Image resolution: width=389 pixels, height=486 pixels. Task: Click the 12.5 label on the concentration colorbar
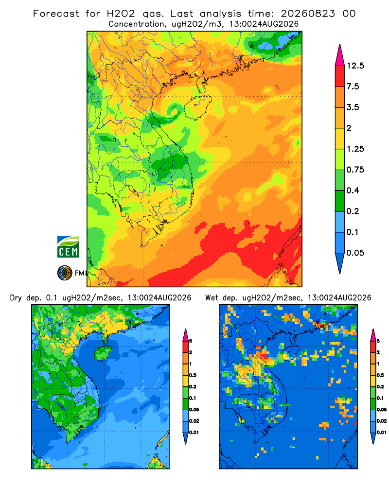pyautogui.click(x=355, y=66)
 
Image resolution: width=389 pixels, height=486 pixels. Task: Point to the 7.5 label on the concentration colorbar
pyautogui.click(x=353, y=87)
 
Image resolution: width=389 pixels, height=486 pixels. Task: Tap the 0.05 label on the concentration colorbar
pyautogui.click(x=355, y=253)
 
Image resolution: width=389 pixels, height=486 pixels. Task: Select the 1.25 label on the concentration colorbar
pyautogui.click(x=355, y=149)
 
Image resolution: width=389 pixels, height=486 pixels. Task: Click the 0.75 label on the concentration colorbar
pyautogui.click(x=355, y=170)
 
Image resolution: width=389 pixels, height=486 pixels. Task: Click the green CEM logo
pyautogui.click(x=68, y=247)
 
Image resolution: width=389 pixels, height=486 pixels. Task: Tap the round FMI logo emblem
pyautogui.click(x=65, y=273)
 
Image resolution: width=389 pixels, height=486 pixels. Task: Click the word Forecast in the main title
pyautogui.click(x=56, y=14)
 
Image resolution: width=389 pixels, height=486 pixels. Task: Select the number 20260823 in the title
pyautogui.click(x=308, y=14)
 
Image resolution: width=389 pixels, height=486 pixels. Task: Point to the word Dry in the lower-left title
pyautogui.click(x=16, y=298)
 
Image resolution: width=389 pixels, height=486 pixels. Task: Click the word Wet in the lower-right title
pyautogui.click(x=212, y=298)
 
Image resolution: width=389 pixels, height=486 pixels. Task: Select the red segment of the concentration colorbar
pyautogui.click(x=340, y=76)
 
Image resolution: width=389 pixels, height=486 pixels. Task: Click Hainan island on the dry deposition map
pyautogui.click(x=103, y=353)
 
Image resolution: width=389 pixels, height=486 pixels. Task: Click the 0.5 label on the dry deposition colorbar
pyautogui.click(x=193, y=375)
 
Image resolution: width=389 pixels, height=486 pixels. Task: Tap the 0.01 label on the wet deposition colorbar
pyautogui.click(x=382, y=433)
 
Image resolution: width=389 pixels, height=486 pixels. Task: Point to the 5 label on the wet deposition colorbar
pyautogui.click(x=378, y=341)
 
